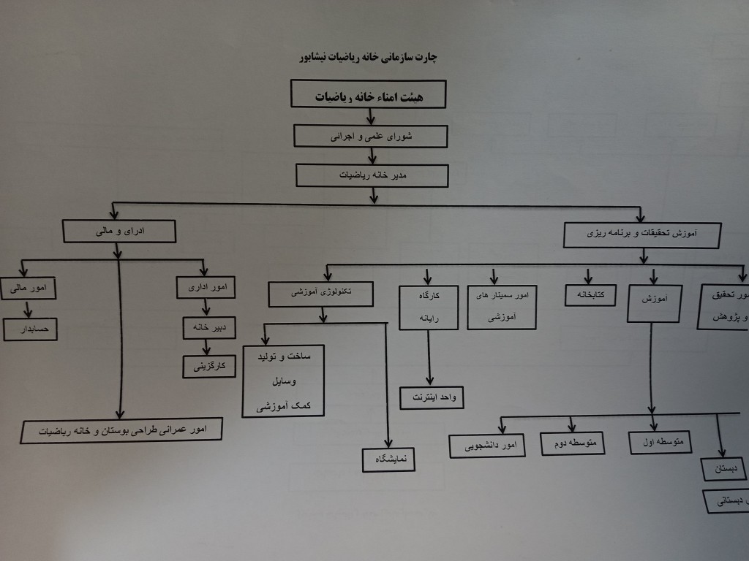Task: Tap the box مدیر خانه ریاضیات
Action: [x=372, y=175]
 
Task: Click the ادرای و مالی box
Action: [x=119, y=232]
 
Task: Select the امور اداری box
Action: [x=206, y=287]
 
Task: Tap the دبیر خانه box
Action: [x=208, y=328]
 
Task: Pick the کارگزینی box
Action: [x=209, y=367]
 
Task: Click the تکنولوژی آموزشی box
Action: [x=321, y=294]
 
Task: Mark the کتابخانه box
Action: [x=590, y=295]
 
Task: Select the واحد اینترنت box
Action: [x=432, y=397]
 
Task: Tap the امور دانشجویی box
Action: [x=487, y=446]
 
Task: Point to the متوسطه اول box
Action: [x=660, y=442]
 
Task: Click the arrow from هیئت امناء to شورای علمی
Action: [x=372, y=115]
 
